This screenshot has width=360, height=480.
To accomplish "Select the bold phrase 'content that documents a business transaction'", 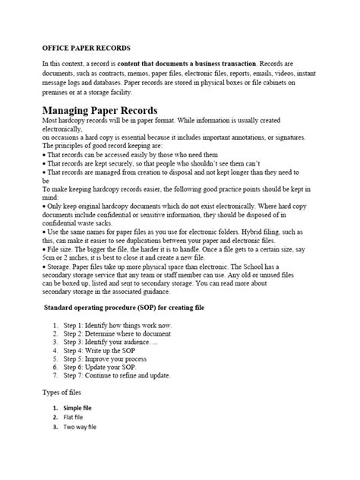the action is coord(194,63).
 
